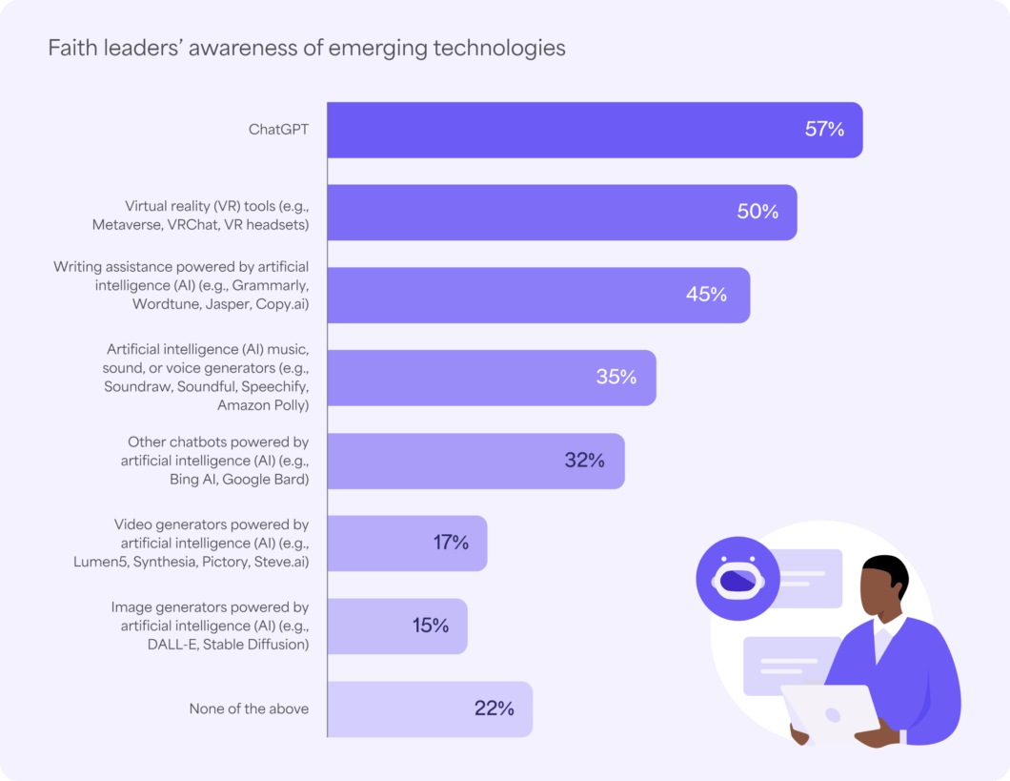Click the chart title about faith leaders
point(306,48)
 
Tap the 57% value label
point(824,130)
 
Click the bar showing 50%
point(534,212)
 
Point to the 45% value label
point(706,295)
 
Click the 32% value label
point(584,461)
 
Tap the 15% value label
point(431,626)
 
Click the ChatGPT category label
point(278,130)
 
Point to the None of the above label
point(249,709)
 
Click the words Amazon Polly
point(263,405)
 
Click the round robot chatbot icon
point(737,579)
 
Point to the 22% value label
point(494,709)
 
